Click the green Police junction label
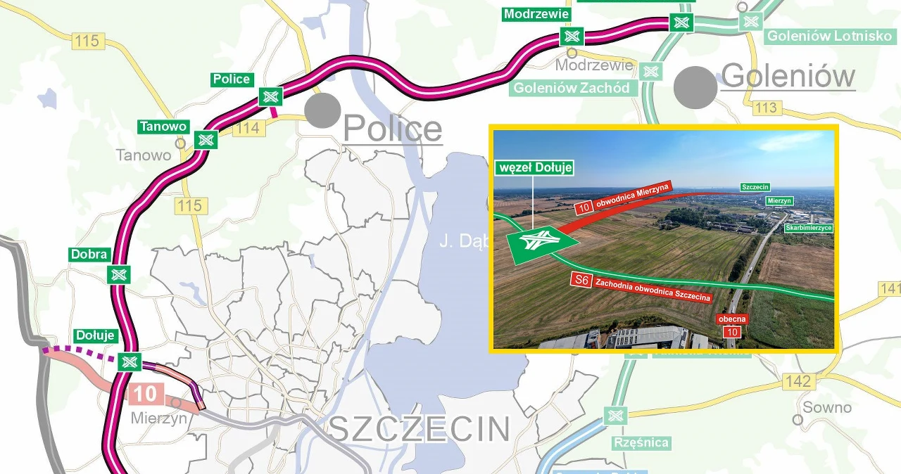pos(232,79)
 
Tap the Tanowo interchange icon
pos(206,139)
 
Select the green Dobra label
pos(89,255)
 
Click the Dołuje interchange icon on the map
pos(129,361)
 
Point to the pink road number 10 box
pos(146,393)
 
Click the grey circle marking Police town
pos(323,110)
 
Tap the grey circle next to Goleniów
pos(695,87)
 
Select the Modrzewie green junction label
pos(536,14)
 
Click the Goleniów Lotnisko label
pos(829,36)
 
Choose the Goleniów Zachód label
pos(572,88)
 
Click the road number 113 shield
pos(766,108)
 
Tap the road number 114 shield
pos(249,128)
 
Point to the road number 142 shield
pos(798,381)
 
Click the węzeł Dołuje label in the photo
pos(535,168)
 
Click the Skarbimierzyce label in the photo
pos(808,228)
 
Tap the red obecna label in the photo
pos(732,319)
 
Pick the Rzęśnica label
pos(641,443)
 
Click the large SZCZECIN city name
pos(419,428)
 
